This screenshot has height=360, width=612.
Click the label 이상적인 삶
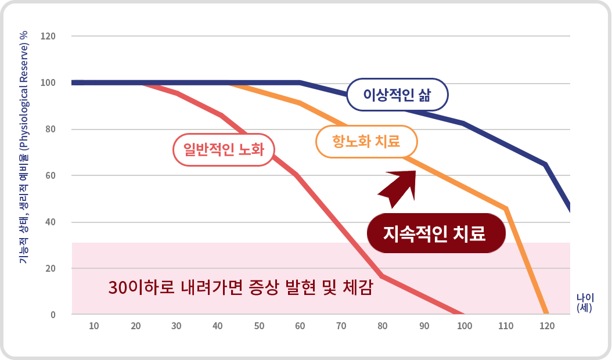tap(397, 94)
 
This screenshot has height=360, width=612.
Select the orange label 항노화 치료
tap(366, 141)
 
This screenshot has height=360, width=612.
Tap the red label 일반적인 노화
tap(224, 150)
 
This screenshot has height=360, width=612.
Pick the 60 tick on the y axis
tap(50, 176)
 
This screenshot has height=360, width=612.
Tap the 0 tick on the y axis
tap(52, 315)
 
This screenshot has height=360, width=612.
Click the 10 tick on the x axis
tap(93, 326)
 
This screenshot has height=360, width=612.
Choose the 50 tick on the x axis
tap(260, 326)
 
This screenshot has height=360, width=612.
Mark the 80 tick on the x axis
tap(382, 326)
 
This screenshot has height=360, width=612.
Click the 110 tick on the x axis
tap(506, 326)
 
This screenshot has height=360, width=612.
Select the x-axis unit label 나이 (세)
tap(584, 303)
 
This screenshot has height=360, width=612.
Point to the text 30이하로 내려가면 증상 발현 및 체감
tap(240, 287)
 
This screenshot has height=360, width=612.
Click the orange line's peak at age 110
tap(506, 208)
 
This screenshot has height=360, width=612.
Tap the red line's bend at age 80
tap(382, 276)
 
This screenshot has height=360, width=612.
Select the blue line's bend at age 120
tap(545, 165)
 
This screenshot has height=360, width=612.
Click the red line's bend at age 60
tap(298, 175)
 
